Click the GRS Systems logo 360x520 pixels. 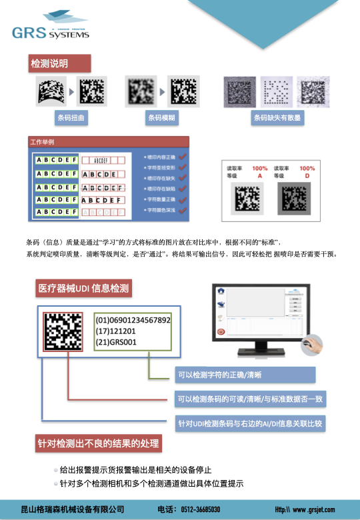pos(50,32)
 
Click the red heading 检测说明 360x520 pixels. pos(49,64)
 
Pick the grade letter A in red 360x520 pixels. pos(259,176)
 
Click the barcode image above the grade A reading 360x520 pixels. pos(248,197)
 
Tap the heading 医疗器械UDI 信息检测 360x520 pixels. pos(83,289)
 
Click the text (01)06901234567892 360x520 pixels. pos(133,321)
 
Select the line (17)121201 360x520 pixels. pos(116,331)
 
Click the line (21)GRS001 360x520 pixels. pos(116,342)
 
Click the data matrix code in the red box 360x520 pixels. pos(63,331)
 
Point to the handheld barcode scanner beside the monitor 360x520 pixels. pos(312,345)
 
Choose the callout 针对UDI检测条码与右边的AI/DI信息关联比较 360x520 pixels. pos(250,423)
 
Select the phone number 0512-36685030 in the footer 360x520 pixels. pos(200,509)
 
